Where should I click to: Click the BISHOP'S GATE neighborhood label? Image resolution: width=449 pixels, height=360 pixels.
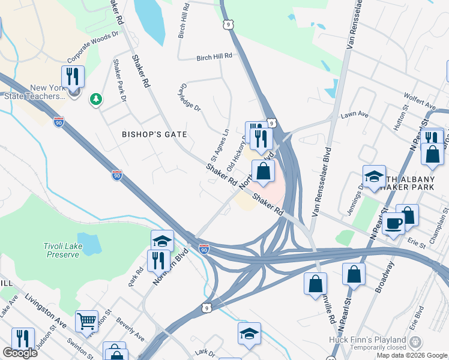click(155, 134)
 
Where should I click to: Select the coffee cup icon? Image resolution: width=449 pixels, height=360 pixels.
click(393, 223)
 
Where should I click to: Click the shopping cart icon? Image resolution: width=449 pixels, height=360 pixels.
click(86, 321)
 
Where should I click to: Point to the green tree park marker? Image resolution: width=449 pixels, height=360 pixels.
click(95, 98)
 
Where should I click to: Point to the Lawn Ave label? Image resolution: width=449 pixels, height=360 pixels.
click(353, 115)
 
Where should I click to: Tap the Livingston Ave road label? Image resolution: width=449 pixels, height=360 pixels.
click(45, 307)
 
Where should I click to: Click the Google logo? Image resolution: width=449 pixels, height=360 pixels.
click(20, 353)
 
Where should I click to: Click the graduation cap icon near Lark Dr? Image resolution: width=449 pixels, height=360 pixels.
click(249, 334)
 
